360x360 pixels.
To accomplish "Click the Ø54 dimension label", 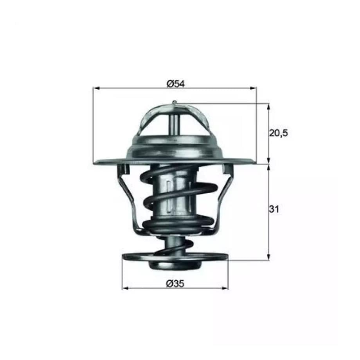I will tap(175, 83).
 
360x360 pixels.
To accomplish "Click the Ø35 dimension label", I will tap(175, 284).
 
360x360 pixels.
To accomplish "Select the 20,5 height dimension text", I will tap(278, 133).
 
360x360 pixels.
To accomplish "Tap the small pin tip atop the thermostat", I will tap(175, 103).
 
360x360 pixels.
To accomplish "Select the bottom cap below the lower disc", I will tap(175, 265).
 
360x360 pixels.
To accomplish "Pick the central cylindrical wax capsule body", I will tap(175, 196).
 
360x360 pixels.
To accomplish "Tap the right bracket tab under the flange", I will tap(227, 169).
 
